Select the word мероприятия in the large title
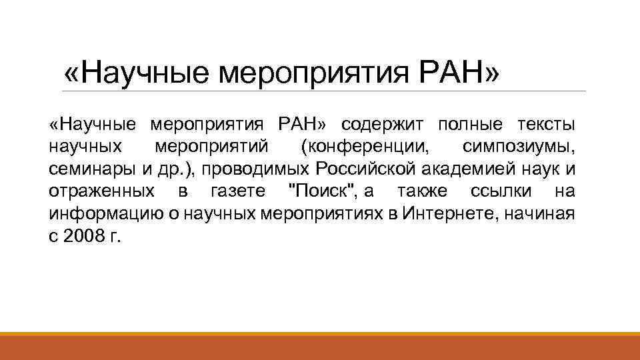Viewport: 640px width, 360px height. coord(306,72)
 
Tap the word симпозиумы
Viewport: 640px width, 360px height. coord(519,147)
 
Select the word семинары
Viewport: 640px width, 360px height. coord(90,170)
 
